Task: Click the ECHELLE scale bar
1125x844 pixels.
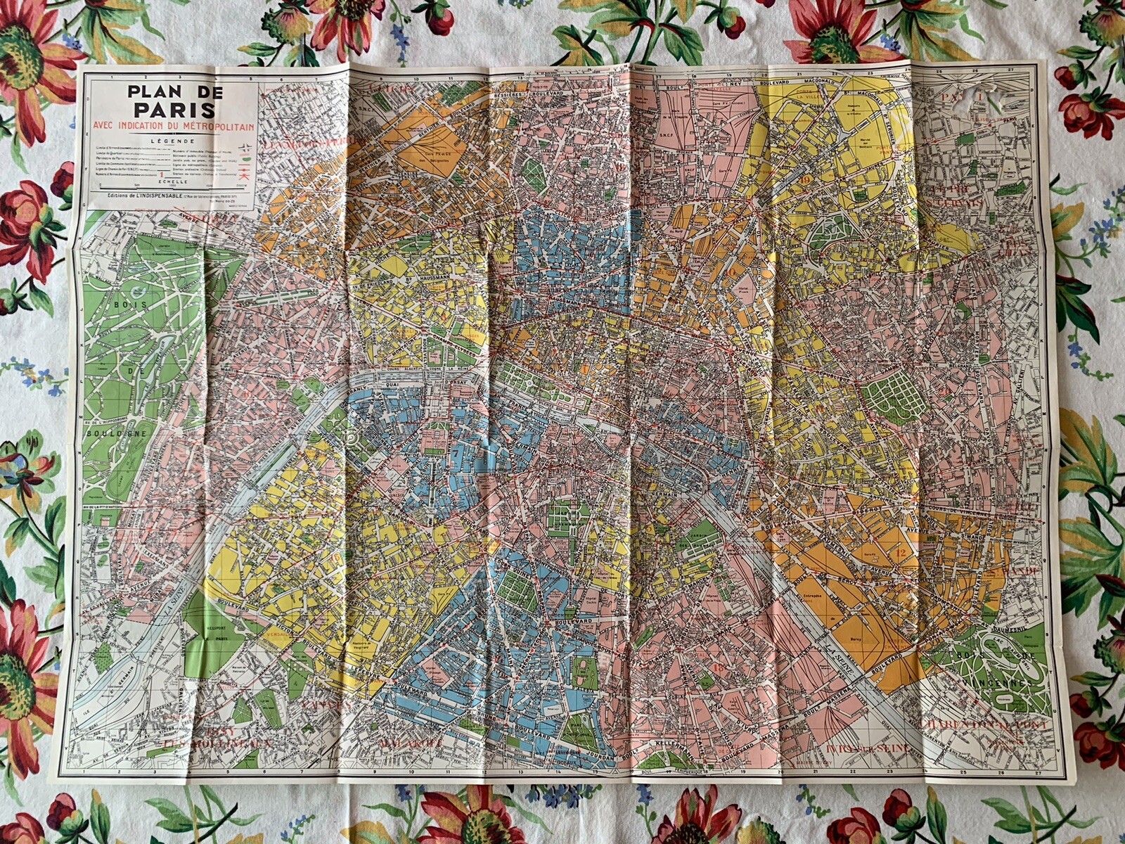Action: [x=173, y=186]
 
